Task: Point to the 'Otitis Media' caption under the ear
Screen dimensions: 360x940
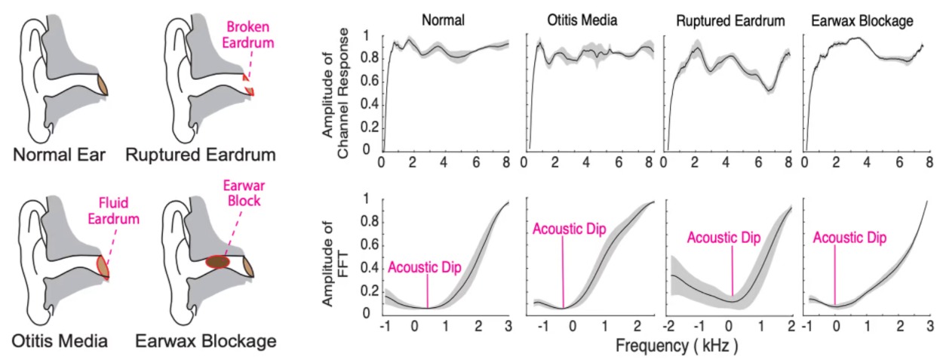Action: click(x=60, y=341)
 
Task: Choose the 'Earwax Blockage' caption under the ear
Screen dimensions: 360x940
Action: click(x=206, y=341)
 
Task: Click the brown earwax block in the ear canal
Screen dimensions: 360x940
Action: click(x=218, y=262)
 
